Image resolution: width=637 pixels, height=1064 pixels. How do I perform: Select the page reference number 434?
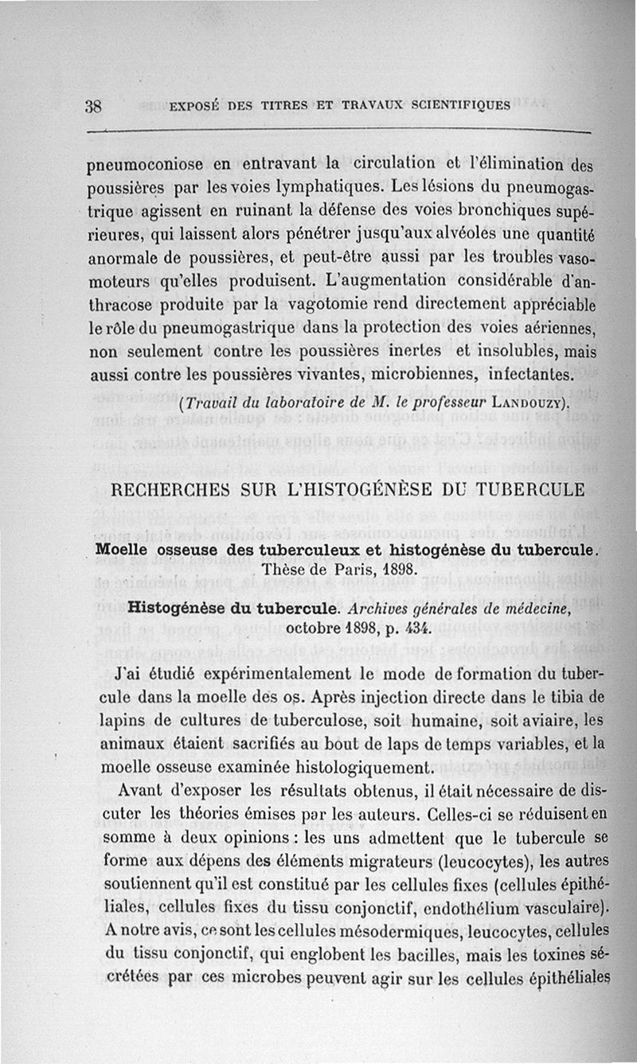coord(412,629)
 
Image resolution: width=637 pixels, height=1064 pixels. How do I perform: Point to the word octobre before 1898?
coord(315,629)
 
